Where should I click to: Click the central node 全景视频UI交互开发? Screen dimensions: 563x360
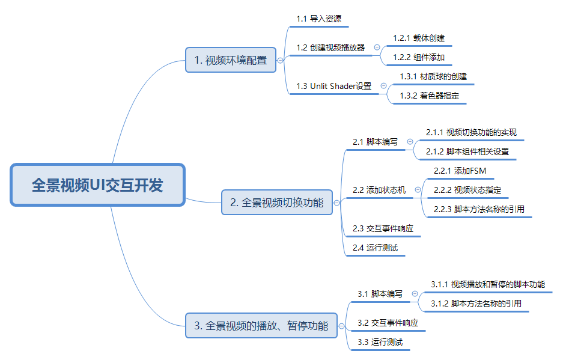(98, 185)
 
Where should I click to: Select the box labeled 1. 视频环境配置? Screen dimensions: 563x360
(231, 60)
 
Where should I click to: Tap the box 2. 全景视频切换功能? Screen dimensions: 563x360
(277, 203)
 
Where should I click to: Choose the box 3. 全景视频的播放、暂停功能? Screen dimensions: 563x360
(261, 326)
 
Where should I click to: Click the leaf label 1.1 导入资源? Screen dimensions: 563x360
(319, 19)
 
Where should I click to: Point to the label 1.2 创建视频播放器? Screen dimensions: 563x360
(330, 47)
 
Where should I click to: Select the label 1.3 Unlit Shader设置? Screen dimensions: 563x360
(333, 86)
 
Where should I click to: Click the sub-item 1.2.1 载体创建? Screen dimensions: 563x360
(419, 38)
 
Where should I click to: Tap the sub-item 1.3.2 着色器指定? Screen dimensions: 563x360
(430, 96)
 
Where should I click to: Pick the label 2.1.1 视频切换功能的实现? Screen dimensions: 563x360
(471, 132)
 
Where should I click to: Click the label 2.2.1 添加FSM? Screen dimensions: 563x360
(460, 171)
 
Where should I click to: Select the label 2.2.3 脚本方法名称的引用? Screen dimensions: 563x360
(479, 209)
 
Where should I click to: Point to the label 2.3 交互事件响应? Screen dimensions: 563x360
(383, 228)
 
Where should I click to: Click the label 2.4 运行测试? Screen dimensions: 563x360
(375, 248)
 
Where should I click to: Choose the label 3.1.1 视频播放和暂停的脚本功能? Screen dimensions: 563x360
(488, 284)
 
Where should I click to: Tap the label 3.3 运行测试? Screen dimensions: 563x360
(380, 342)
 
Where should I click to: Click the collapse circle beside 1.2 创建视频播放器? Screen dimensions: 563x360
(377, 47)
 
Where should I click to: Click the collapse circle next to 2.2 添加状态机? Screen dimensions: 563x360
(418, 190)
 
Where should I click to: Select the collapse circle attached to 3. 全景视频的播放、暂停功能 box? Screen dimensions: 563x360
(341, 326)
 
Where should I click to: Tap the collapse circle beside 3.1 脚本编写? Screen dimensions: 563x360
(415, 293)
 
